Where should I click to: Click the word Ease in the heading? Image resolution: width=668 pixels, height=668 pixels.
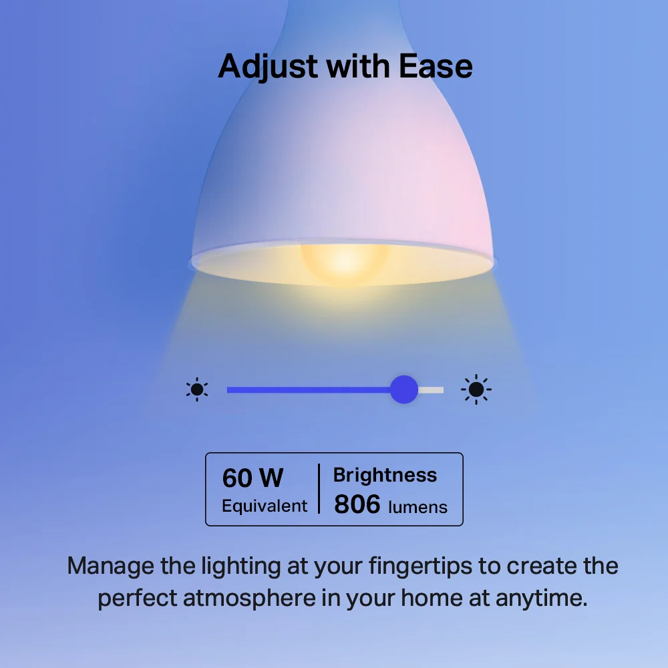pos(436,66)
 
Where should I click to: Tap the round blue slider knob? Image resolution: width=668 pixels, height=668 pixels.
pos(403,389)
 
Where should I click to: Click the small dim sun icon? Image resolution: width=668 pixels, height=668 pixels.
pos(197,389)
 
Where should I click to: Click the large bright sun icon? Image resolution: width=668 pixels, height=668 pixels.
pos(476,389)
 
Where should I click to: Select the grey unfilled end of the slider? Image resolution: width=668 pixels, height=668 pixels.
pos(432,389)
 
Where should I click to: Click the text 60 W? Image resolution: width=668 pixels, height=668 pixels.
pos(253,478)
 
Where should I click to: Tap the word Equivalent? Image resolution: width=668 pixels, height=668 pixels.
pos(265,506)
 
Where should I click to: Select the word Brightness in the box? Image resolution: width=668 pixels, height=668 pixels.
pos(385,475)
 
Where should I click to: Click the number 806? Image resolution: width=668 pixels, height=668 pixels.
pos(357,505)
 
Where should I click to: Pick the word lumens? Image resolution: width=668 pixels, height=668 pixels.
pos(417,507)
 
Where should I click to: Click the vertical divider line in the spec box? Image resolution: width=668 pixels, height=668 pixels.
pos(319,489)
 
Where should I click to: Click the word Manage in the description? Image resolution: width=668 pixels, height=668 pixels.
pos(111,566)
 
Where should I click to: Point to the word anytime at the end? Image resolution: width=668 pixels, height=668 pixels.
pos(541,598)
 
